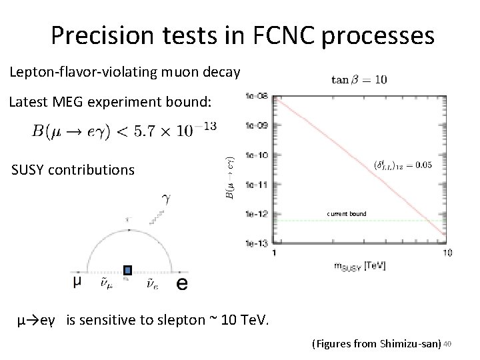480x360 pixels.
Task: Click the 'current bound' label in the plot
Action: click(x=346, y=214)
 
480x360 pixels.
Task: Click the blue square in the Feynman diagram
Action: click(x=128, y=271)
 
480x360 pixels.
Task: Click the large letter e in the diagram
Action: click(x=181, y=283)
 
